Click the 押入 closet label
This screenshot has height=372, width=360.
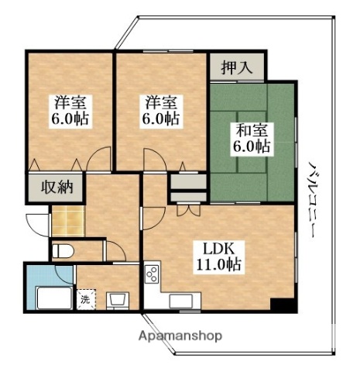click(x=237, y=67)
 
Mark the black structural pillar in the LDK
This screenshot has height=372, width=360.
click(x=286, y=305)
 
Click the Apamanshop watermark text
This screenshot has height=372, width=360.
click(x=180, y=336)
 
